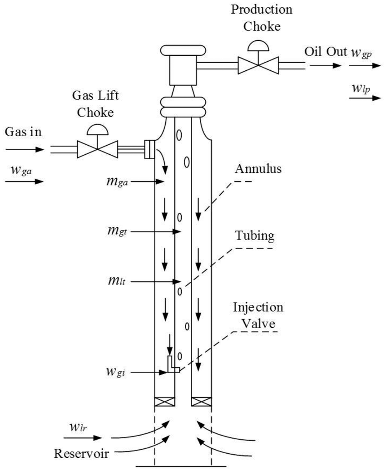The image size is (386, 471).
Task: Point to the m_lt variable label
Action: coord(117,281)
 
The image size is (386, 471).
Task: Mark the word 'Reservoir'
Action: coord(81,453)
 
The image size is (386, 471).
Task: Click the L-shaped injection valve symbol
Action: coord(173,365)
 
